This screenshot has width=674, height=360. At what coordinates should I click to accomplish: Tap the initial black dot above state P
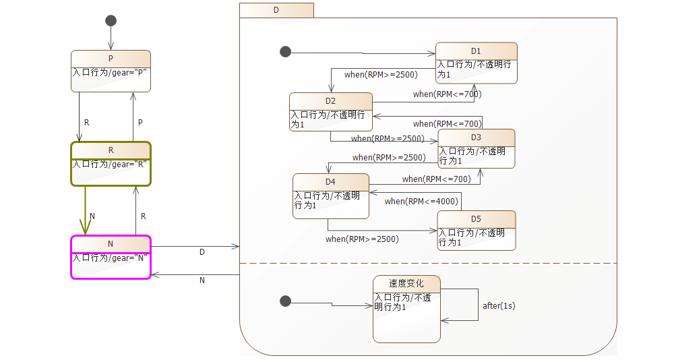[x=111, y=20]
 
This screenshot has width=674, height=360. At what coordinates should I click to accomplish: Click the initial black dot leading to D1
[x=285, y=52]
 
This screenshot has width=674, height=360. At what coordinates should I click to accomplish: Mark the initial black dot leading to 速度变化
[x=285, y=301]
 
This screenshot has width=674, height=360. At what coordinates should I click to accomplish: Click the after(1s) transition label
[x=499, y=306]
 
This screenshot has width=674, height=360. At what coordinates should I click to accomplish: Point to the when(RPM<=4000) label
[x=421, y=202]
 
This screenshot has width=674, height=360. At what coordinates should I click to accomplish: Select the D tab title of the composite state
[x=276, y=10]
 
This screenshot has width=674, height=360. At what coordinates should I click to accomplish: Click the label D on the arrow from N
[x=202, y=252]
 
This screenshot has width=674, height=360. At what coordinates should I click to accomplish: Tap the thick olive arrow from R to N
[x=86, y=209]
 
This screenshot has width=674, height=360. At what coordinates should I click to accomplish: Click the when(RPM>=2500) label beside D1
[x=381, y=75]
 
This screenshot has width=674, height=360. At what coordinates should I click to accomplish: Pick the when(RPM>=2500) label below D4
[x=362, y=239]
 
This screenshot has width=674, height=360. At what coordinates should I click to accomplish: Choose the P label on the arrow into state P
[x=140, y=123]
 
